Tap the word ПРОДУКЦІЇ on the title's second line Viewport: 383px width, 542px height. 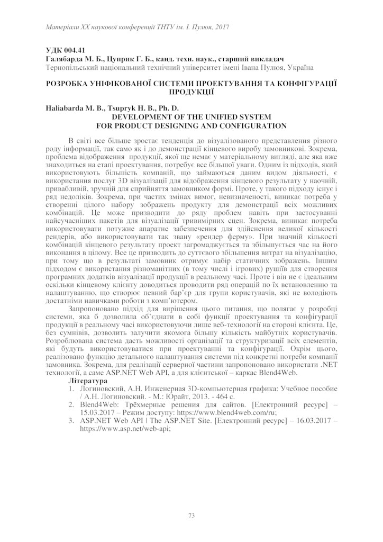coord(191,92)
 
